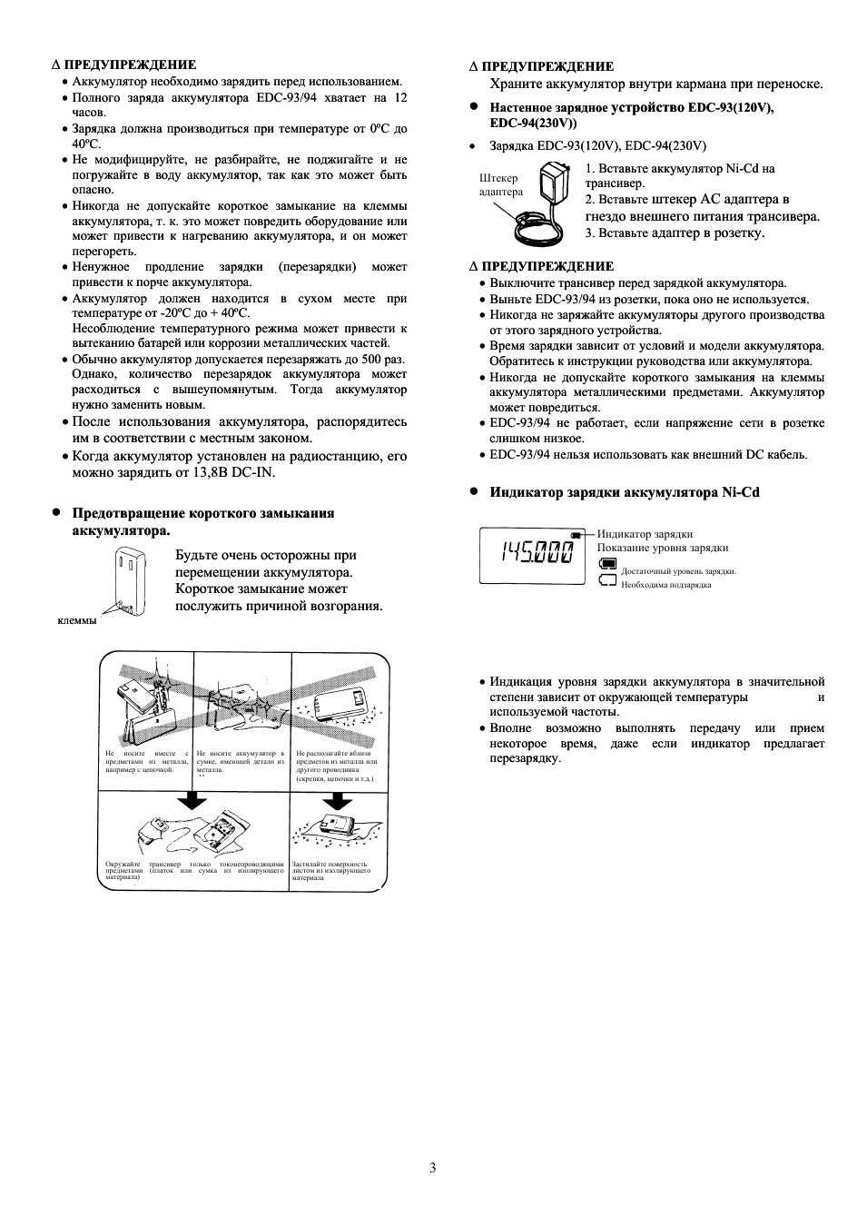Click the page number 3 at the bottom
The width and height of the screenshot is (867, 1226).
pos(433,1168)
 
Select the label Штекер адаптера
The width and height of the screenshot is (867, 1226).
pos(500,185)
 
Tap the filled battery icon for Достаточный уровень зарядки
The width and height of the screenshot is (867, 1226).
pos(607,563)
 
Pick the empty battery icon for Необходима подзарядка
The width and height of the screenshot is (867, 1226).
pos(607,580)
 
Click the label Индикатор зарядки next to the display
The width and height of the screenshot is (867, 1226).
pos(645,534)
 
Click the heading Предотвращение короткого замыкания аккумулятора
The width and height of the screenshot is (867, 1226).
pos(202,521)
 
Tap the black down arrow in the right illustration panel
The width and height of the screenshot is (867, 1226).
pos(338,799)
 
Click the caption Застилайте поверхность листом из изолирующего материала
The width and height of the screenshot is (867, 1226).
pos(331,871)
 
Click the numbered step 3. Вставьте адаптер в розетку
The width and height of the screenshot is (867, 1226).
pos(675,232)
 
